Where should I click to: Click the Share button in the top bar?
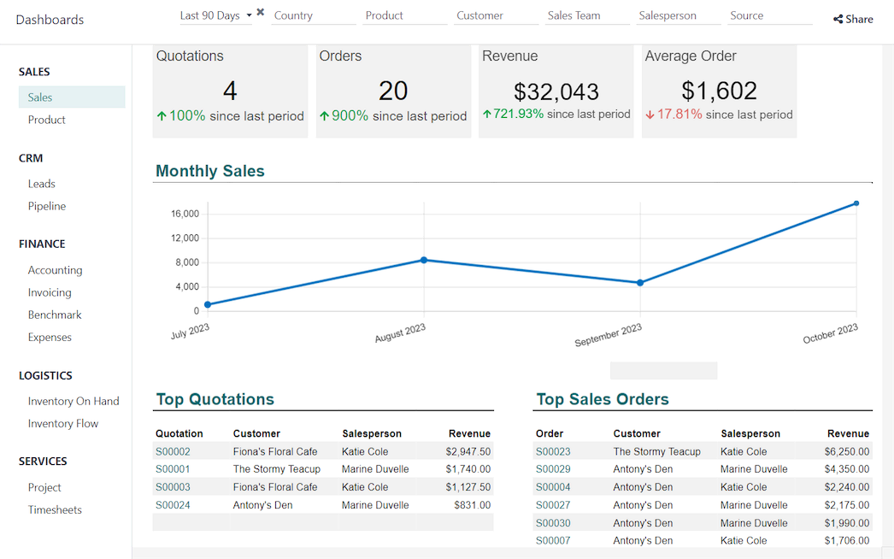coord(853,19)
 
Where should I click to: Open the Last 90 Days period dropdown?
coord(215,15)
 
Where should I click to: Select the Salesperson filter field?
coord(679,15)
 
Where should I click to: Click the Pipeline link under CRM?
coord(47,206)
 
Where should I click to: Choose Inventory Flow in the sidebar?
coord(63,423)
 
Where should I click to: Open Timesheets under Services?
coord(55,509)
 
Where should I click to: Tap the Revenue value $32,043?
coord(556,91)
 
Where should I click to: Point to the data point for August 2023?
coord(424,260)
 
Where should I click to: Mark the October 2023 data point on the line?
coord(856,203)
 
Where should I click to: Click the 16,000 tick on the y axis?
coord(185,214)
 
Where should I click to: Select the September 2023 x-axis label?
coord(609,335)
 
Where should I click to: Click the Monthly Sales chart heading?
coord(210,171)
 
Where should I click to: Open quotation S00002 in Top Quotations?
coord(173,451)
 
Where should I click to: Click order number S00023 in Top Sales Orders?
coord(553,451)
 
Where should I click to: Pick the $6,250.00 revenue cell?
coord(846,451)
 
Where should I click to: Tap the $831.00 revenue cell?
coord(472,505)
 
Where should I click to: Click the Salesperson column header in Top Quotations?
coord(372,433)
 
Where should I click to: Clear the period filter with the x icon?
coord(261,13)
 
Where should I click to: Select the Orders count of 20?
coord(393,91)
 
